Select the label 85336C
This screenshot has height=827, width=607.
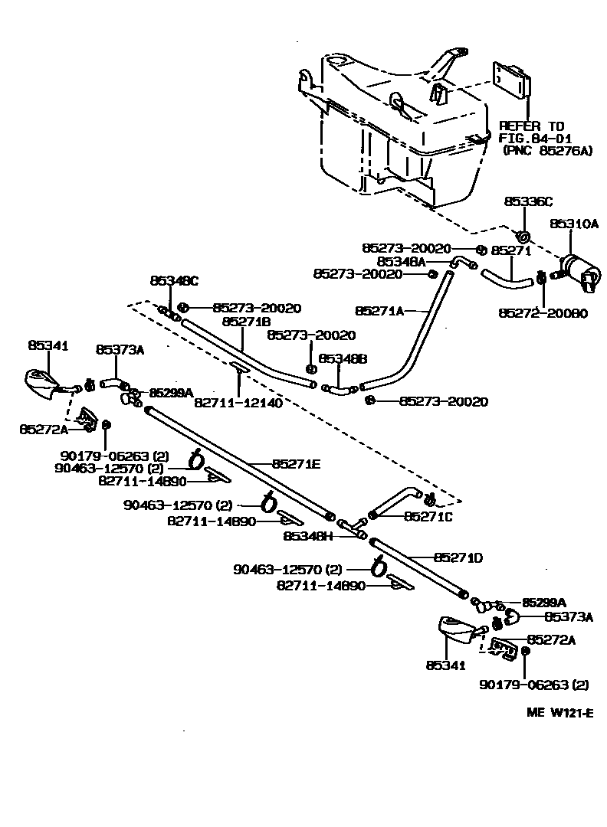coord(527,202)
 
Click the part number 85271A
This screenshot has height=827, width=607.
coord(380,311)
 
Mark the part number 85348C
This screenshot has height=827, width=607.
coord(174,281)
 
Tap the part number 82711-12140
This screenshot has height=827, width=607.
coord(238,402)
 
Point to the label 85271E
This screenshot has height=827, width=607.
coord(296,463)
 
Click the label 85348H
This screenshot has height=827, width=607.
coord(308,536)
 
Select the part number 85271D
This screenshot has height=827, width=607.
coord(458,557)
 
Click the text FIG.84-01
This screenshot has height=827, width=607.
coord(535,139)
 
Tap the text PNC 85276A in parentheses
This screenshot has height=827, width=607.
coord(548,151)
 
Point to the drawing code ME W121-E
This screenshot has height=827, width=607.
coord(559,712)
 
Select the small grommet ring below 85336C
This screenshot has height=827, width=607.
coord(523,234)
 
